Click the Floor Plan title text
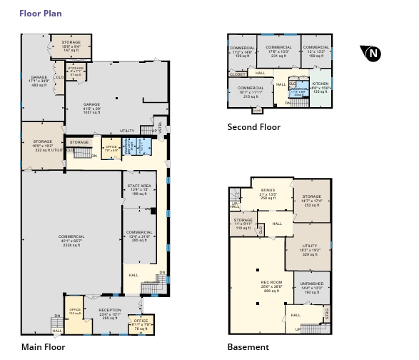pos(40,13)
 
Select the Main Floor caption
pos(43,347)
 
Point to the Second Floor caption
pos(253,127)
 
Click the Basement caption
pos(248,347)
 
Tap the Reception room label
pos(110,314)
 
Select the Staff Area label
pos(138,189)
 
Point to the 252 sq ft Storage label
pos(311,200)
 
